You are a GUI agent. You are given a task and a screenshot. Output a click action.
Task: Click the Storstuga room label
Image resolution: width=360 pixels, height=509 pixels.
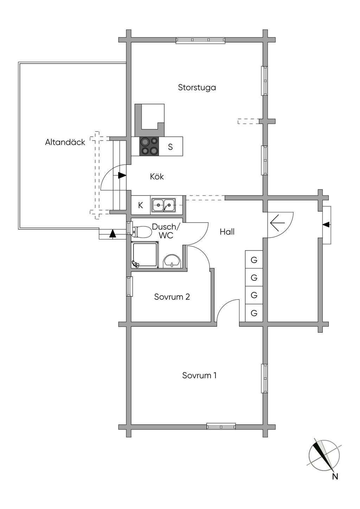pos(197,88)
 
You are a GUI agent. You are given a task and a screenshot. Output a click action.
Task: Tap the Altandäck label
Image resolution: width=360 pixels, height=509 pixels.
pos(65,142)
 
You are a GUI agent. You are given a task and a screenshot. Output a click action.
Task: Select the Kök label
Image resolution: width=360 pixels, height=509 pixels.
pos(157,176)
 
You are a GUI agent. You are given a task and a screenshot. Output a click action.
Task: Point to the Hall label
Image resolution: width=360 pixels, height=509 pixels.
pos(227,232)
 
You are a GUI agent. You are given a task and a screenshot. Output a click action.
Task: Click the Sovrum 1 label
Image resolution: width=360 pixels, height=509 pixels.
pos(199,375)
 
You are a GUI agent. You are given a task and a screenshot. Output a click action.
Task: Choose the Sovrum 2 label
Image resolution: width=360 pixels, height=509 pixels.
pos(172,297)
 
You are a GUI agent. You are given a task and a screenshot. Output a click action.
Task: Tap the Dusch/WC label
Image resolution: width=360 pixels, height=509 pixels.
pos(166,231)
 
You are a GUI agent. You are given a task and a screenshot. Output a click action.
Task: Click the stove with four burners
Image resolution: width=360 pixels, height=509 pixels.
pos(149,146)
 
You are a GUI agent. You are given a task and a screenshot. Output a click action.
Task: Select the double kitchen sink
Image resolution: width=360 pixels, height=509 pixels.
pos(163,205)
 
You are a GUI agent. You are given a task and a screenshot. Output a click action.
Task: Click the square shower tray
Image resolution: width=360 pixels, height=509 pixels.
pos(145,255)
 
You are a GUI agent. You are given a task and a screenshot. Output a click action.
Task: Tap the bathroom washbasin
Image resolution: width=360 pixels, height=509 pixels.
pos(172,261)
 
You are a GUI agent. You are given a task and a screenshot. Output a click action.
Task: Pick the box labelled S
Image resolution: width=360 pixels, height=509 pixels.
pos(171,146)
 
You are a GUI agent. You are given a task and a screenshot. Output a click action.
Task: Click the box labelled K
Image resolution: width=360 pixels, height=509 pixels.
pos(141,205)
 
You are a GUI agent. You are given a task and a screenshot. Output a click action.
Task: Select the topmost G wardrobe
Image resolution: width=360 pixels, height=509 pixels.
pos(254,259)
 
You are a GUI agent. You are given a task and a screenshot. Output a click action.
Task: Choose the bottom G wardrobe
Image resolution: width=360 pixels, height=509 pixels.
pos(254,313)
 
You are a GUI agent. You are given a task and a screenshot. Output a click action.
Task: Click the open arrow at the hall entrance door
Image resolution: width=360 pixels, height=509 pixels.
pos(277,223)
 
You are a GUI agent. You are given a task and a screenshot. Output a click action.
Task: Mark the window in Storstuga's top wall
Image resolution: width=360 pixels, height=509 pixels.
pos(201,40)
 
